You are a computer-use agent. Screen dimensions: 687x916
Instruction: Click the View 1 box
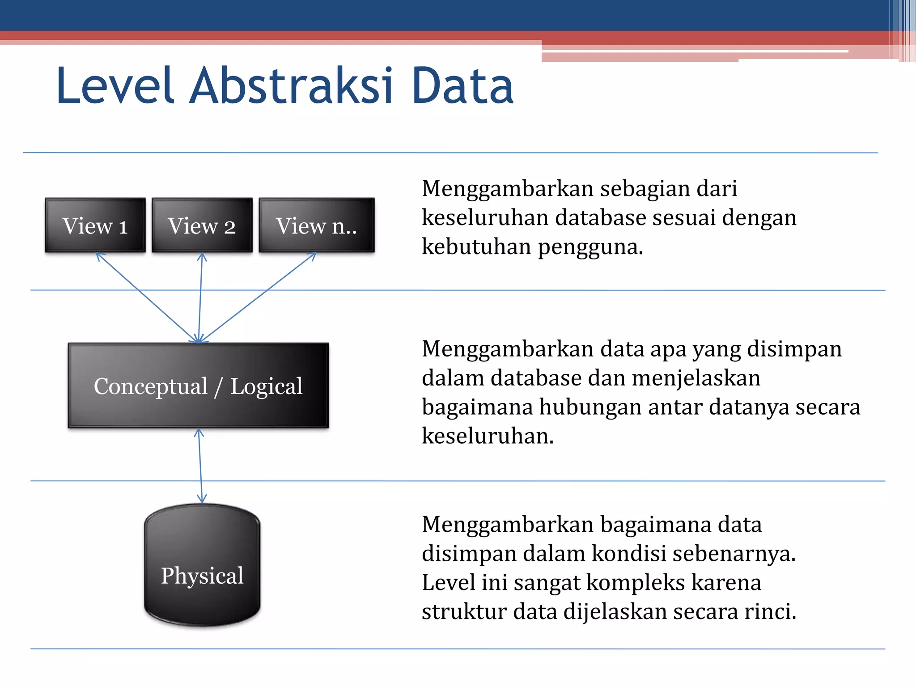tap(95, 225)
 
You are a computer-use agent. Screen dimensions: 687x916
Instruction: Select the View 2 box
tap(202, 225)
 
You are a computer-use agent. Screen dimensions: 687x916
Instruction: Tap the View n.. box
tap(317, 225)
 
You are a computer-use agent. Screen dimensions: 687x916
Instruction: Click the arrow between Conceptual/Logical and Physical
tap(200, 465)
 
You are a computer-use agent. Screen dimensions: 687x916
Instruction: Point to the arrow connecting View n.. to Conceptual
tap(258, 297)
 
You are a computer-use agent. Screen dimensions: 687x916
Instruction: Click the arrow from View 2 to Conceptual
tap(200, 297)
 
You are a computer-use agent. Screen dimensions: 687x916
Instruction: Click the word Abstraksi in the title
tap(291, 86)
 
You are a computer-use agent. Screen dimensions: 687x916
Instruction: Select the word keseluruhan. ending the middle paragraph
tap(488, 436)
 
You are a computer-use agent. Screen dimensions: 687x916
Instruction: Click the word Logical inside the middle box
tap(267, 386)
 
